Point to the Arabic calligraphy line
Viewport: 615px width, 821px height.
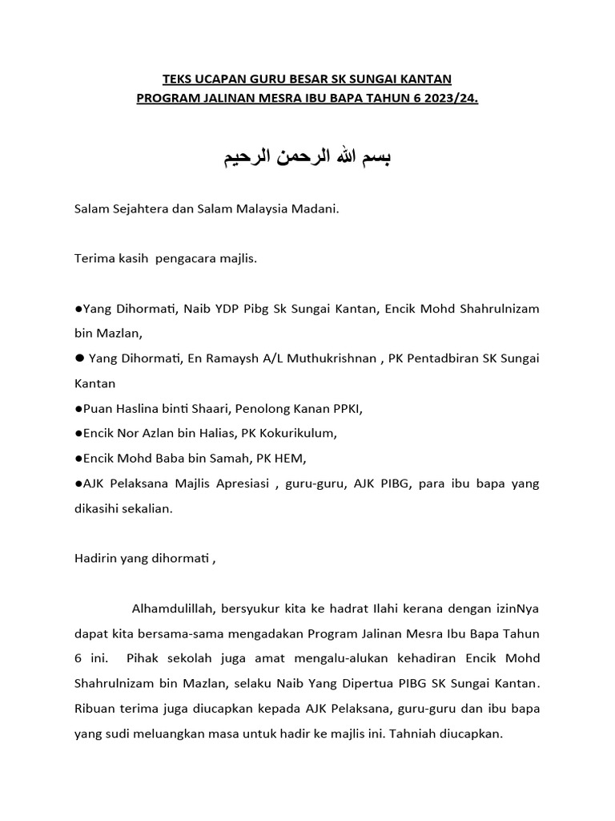point(307,157)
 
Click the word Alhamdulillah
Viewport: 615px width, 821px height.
point(171,609)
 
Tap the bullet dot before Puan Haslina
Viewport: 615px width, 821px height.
point(78,409)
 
